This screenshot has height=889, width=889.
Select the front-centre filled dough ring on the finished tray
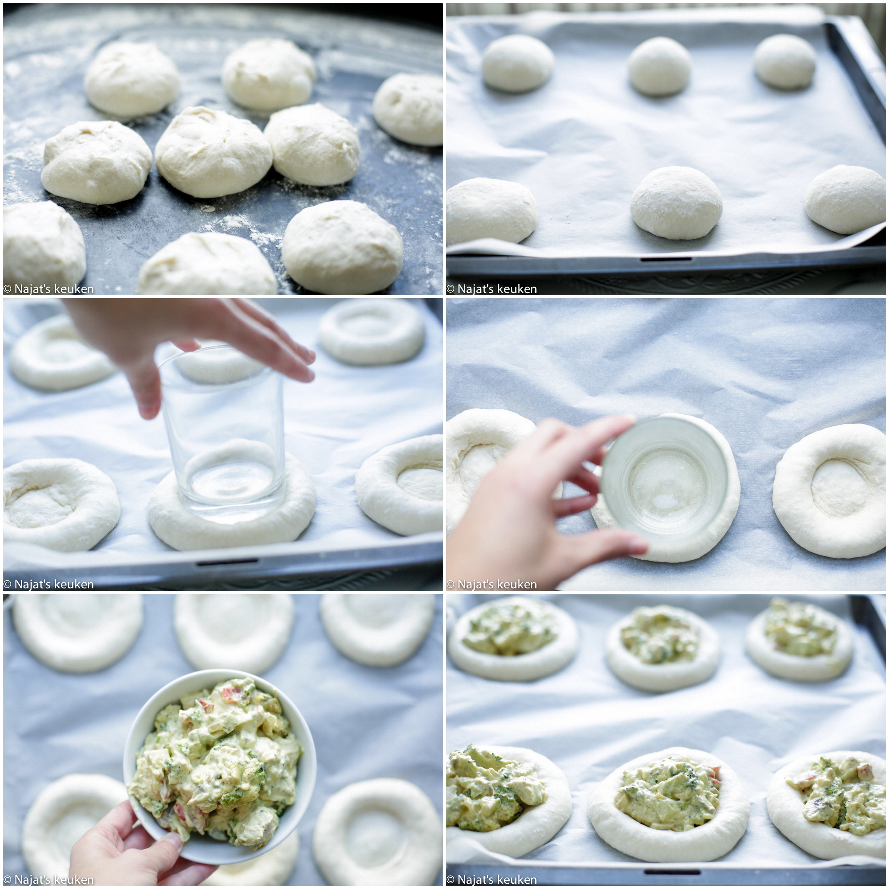(x=670, y=799)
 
